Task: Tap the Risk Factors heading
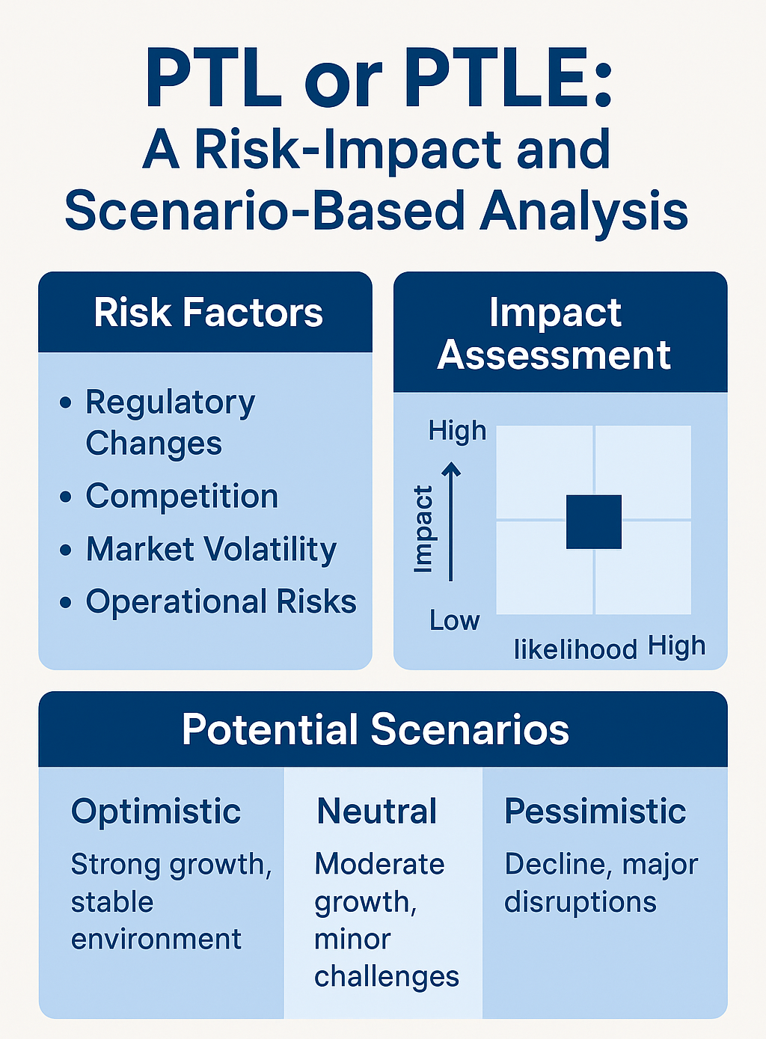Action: (x=208, y=313)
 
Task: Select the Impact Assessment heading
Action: (x=554, y=334)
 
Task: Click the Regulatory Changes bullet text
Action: (x=170, y=423)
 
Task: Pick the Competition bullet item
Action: (x=182, y=497)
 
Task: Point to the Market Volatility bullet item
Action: (x=211, y=549)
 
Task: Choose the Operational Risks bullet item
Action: (x=221, y=601)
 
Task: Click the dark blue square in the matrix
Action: (x=594, y=521)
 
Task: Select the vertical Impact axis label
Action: (x=423, y=529)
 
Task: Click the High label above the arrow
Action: (x=457, y=431)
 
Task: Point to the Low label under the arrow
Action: (x=454, y=620)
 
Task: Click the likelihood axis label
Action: (x=574, y=649)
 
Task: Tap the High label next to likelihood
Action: (x=676, y=646)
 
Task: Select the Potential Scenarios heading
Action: (x=376, y=729)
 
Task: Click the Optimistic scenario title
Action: (x=156, y=812)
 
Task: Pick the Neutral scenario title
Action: (x=377, y=812)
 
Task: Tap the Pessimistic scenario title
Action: (x=595, y=812)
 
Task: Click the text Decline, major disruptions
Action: (x=601, y=883)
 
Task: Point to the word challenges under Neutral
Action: (x=387, y=977)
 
